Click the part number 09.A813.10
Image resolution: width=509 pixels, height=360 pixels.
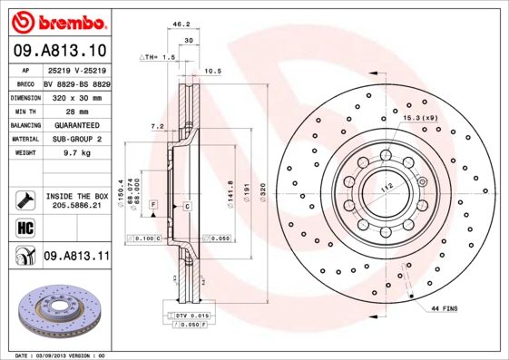[59, 50]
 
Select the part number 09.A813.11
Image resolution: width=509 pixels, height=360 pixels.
[77, 257]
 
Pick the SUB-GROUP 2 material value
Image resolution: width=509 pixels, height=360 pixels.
[76, 139]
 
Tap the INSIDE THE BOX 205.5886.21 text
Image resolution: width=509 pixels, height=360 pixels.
[77, 200]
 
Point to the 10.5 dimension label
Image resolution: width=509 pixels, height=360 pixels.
[213, 70]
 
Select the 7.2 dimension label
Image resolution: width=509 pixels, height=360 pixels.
[156, 126]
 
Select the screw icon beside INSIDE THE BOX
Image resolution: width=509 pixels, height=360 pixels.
[22, 199]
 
